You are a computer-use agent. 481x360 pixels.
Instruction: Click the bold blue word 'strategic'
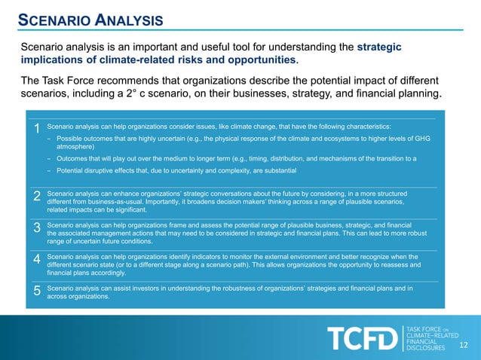[x=379, y=47]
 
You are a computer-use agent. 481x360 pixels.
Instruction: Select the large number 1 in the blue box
[x=37, y=130]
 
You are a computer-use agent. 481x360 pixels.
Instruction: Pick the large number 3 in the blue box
[x=37, y=228]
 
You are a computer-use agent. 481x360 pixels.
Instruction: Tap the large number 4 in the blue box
[x=37, y=260]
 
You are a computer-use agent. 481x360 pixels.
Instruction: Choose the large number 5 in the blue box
[x=37, y=291]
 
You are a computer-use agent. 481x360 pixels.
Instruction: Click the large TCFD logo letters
[x=361, y=339]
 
